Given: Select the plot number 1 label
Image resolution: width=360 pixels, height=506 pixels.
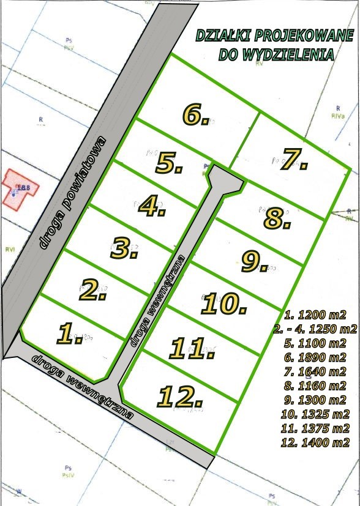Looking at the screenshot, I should (x=70, y=334).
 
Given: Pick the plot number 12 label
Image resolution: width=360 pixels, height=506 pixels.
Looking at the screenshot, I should (x=180, y=396).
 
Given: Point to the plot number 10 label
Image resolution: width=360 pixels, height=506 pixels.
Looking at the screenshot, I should (x=224, y=303).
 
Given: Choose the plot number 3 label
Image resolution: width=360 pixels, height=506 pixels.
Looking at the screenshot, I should (x=125, y=248).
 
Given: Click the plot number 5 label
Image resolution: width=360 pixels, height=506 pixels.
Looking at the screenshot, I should (x=169, y=163).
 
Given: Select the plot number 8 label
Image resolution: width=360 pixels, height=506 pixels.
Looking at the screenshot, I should (x=277, y=218).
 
